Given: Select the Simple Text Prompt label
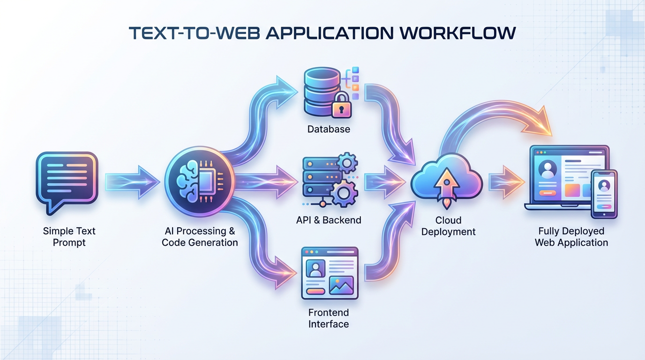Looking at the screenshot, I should pos(69,237).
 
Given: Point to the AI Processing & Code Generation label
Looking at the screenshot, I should pos(200,237).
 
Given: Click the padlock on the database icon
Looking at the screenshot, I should pos(341,108).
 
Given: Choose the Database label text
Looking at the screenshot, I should pos(329,129).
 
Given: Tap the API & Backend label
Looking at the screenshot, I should pos(329,220).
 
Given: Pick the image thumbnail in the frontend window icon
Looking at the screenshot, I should pos(341,285).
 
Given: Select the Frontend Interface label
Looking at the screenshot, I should pos(329,318).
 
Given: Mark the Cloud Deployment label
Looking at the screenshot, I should pos(449,226).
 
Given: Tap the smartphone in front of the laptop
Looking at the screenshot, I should pos(604,194).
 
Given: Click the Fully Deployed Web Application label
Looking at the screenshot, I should pos(571,237).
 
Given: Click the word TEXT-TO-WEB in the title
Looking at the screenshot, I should pos(195,33).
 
